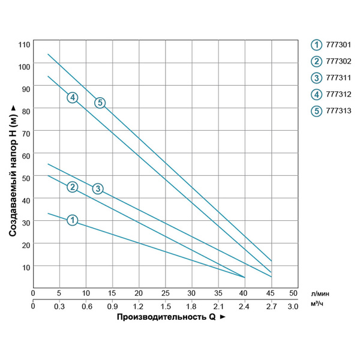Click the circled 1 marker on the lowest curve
72,220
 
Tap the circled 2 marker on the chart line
72,187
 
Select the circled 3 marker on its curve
98,189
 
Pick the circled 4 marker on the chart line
72,97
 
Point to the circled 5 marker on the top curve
100,103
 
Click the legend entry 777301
332,44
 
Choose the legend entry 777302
332,61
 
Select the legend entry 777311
332,77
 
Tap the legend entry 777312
332,94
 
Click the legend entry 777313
332,110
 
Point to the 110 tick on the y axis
23,44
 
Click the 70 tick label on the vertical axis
25,132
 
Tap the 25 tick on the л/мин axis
165,293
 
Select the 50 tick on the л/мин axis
293,293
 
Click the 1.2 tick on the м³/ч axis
138,307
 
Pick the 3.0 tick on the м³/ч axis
293,307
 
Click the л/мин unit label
320,293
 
